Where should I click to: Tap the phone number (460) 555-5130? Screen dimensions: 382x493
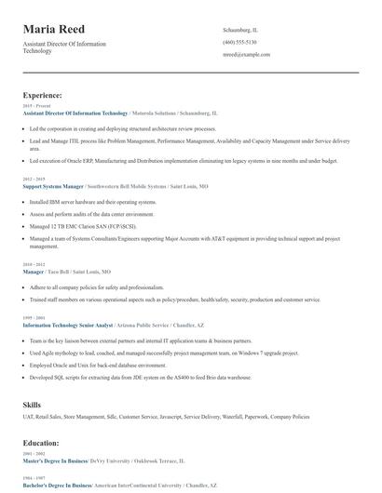(239, 42)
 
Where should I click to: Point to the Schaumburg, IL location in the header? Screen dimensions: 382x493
(240, 30)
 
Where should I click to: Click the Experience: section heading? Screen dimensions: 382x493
(43, 95)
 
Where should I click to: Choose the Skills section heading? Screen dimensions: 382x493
(32, 405)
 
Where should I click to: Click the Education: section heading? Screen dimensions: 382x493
(41, 443)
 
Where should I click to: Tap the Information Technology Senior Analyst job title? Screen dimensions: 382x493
(67, 326)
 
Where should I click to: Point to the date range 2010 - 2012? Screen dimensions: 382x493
(33, 264)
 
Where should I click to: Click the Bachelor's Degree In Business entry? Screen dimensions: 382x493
(57, 486)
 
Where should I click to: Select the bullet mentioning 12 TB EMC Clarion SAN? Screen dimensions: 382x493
(83, 225)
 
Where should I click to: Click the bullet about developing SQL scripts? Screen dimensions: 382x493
(141, 378)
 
